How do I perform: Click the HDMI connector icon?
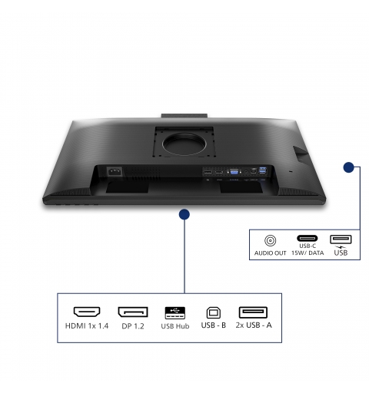click(87, 312)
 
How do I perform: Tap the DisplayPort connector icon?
click(133, 312)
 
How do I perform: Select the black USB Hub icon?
click(175, 312)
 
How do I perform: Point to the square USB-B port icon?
click(214, 312)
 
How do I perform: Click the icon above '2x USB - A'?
click(253, 312)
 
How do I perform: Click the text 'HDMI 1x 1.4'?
click(87, 325)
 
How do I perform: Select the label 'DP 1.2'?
click(133, 326)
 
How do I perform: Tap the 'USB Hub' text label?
click(175, 326)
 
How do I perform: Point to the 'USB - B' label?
click(214, 325)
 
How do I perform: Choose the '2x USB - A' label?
click(254, 325)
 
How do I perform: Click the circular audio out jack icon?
click(270, 240)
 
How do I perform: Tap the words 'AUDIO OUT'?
click(270, 253)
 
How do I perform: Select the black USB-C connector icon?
click(307, 238)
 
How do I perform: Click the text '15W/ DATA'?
click(307, 253)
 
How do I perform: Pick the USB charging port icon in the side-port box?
click(341, 239)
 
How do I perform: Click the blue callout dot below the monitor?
click(184, 214)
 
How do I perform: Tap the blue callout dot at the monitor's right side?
click(348, 167)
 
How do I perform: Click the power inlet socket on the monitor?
click(115, 171)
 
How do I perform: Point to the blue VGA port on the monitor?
click(234, 172)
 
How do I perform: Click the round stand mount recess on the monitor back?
click(184, 144)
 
